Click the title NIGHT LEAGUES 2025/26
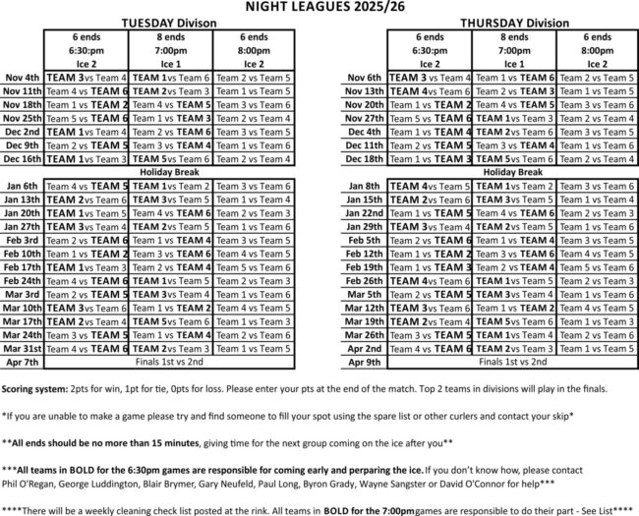[319, 8]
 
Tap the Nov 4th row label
[22, 77]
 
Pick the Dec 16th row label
[22, 158]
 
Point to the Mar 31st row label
[22, 348]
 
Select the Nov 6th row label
[365, 77]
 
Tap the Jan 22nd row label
[364, 212]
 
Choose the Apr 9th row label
[366, 362]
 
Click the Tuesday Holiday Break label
[170, 172]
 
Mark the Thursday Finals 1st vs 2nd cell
[514, 362]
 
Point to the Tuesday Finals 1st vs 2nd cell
[170, 362]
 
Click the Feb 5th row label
[365, 240]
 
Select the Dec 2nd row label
[22, 131]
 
